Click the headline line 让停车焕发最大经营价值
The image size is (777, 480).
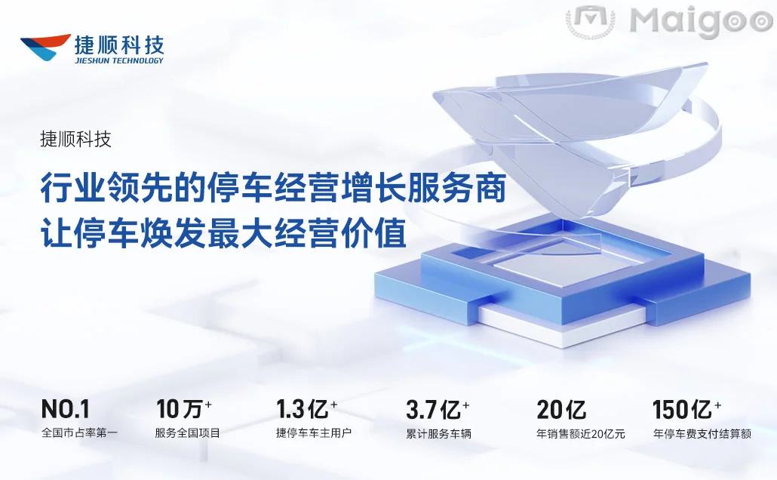click(x=223, y=231)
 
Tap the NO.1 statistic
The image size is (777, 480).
click(x=66, y=409)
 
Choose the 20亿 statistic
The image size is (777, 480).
click(x=561, y=410)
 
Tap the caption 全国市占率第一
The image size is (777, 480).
click(x=79, y=433)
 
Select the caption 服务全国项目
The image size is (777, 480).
click(x=188, y=433)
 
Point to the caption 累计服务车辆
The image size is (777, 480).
click(x=438, y=433)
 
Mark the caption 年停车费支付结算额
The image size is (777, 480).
click(x=702, y=433)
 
